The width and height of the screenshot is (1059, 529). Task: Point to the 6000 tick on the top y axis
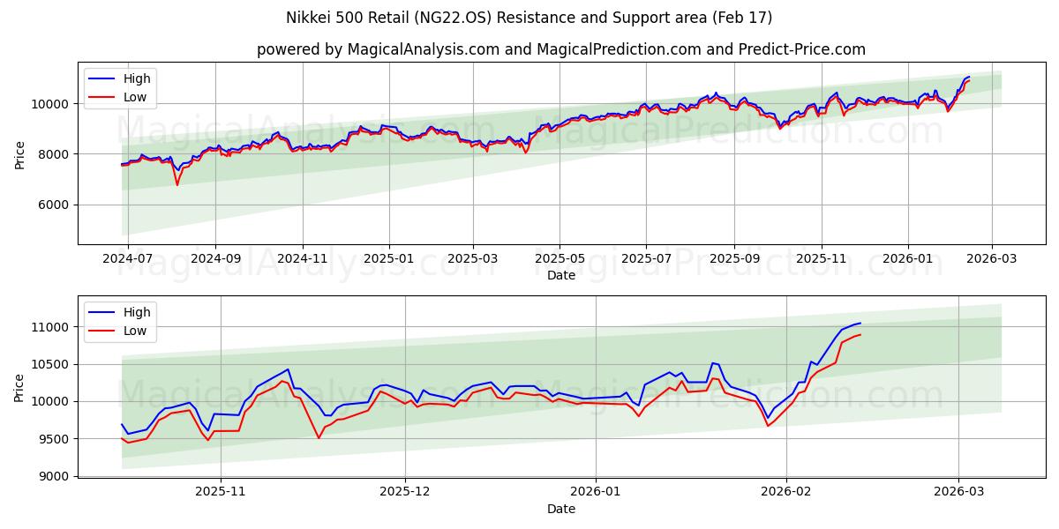(56, 205)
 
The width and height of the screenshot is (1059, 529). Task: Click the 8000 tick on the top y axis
(56, 154)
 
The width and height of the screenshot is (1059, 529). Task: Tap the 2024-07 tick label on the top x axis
(129, 258)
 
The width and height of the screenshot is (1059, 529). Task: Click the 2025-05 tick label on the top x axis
(560, 258)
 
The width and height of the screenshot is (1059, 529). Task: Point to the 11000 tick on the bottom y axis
(52, 327)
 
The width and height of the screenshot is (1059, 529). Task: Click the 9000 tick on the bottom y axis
(56, 476)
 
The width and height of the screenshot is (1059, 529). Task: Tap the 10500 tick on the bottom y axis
(52, 364)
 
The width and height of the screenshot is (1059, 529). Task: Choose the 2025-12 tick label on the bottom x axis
(405, 492)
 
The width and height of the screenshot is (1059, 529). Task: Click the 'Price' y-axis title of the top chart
(19, 154)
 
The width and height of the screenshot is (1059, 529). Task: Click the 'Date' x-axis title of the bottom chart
(561, 509)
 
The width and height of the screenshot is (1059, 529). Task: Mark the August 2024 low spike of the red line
(176, 184)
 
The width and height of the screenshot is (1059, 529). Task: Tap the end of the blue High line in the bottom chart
(860, 323)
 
